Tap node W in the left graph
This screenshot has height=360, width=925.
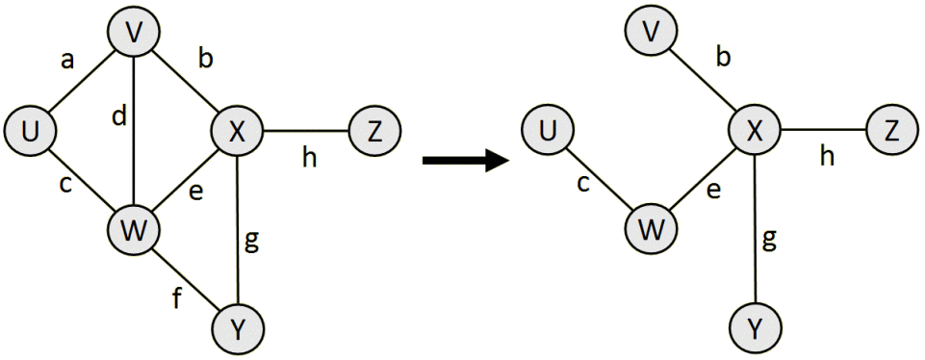pos(135,229)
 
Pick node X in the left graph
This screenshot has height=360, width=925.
pos(236,131)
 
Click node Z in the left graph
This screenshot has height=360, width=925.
pos(373,131)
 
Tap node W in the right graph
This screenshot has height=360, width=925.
pos(652,229)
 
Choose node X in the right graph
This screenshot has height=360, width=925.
pos(755,131)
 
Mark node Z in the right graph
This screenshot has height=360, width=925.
pos(891,131)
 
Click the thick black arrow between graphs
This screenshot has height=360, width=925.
pos(465,160)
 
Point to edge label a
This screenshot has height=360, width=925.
pos(67,62)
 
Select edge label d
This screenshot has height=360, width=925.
pos(118,117)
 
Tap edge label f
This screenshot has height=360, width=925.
pos(176,299)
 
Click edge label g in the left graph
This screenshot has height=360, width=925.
pos(252,243)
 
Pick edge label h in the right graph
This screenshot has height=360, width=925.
pos(828,157)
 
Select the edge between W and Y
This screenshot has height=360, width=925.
pos(188,279)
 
